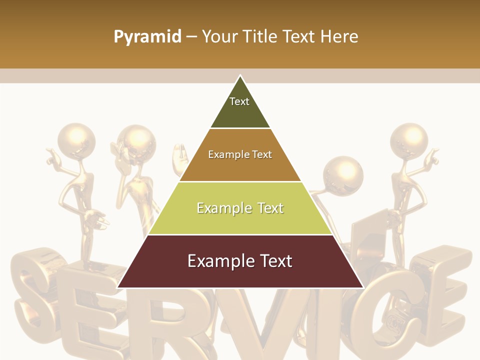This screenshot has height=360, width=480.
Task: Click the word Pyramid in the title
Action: coord(147,37)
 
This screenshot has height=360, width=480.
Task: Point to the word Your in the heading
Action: coord(219,37)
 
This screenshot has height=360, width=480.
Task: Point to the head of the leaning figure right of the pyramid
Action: coord(343,175)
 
